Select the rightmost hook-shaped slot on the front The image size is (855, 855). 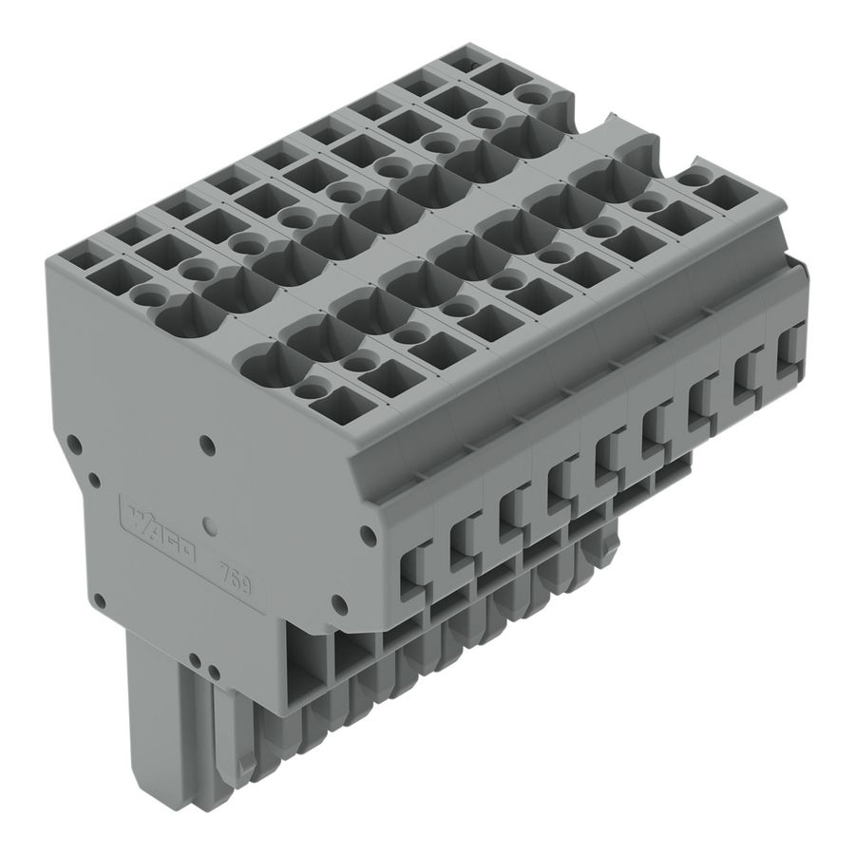tap(790, 352)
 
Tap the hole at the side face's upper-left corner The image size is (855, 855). tap(70, 441)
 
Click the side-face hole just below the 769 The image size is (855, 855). tap(336, 601)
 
